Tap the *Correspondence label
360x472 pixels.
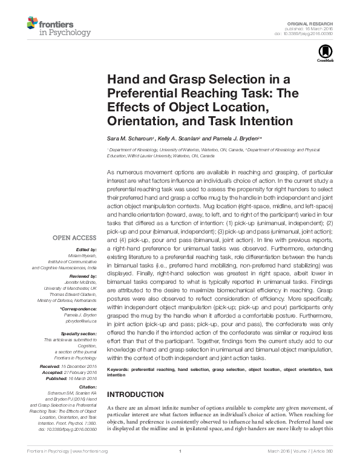[79, 309]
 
